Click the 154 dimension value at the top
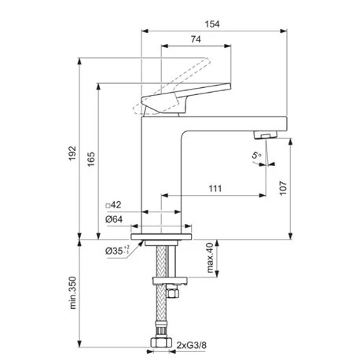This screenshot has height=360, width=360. pos(212,24)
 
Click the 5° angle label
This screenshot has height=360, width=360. pos(257,156)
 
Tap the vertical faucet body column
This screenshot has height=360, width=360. pos(161,173)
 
